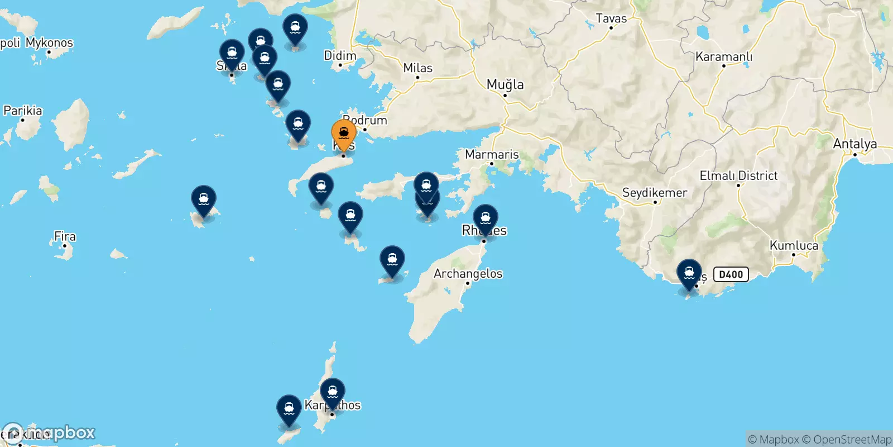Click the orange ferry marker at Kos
(x=344, y=134)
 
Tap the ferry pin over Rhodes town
(x=486, y=218)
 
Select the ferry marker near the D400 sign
(x=689, y=274)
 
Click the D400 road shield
(x=731, y=274)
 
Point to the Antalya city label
(x=854, y=144)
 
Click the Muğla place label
(x=505, y=84)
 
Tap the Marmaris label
(x=492, y=154)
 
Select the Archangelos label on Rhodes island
(x=468, y=274)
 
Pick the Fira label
(x=65, y=236)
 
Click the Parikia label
(x=23, y=111)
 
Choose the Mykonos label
(x=49, y=42)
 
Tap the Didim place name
(x=340, y=56)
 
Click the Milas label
(x=417, y=68)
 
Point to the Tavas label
(x=611, y=18)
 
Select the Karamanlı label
(x=723, y=56)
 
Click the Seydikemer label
(x=654, y=193)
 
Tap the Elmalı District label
(x=738, y=175)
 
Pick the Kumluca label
(x=794, y=245)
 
